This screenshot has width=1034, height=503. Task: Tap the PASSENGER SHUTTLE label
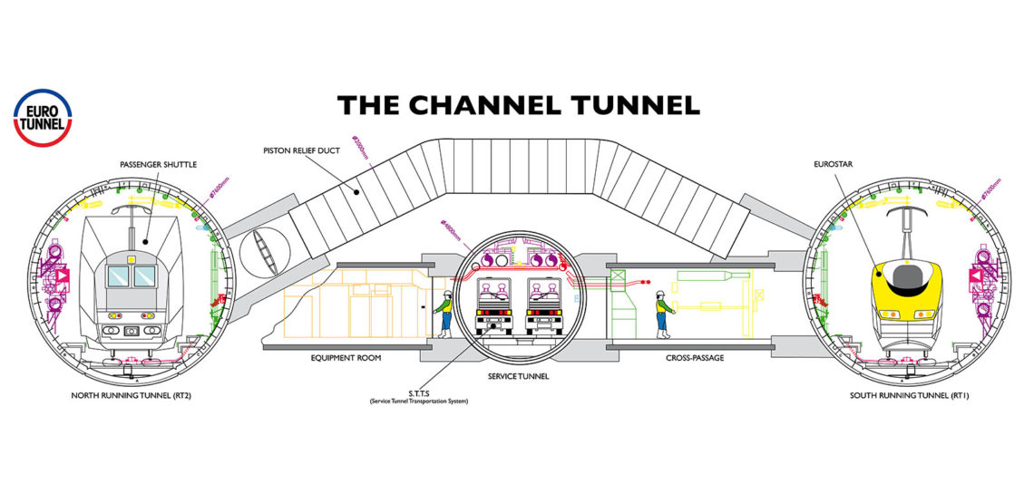[158, 164]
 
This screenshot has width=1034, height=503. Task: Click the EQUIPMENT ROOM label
[346, 358]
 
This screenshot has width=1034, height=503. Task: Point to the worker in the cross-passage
[661, 313]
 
